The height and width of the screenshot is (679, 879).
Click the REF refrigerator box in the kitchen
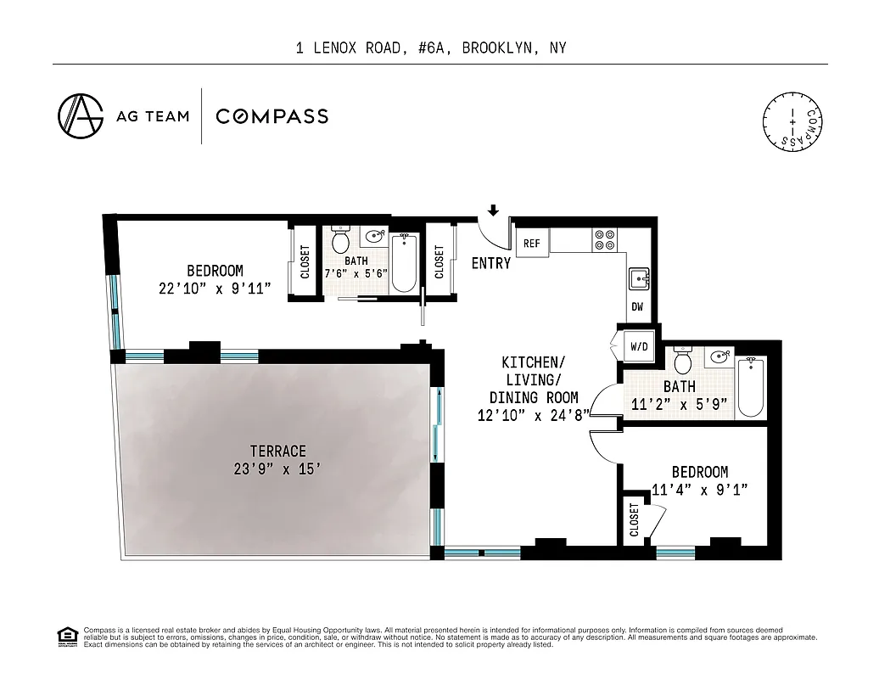[532, 244]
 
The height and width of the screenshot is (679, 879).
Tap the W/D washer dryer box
[638, 346]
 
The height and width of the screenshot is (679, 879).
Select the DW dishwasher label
[637, 307]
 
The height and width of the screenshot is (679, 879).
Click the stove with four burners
[605, 240]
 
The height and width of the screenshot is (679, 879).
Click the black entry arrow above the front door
[493, 210]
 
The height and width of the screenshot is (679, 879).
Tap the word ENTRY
[491, 263]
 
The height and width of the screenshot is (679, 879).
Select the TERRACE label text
[277, 451]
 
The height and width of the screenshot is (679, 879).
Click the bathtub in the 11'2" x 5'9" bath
[750, 387]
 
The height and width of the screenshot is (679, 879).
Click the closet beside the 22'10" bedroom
[305, 261]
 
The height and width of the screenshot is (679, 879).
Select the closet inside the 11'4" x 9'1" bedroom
[635, 519]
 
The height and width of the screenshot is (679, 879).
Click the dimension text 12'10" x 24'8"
[533, 415]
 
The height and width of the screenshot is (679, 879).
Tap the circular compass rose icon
[792, 122]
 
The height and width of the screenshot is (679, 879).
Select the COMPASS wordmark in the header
[272, 116]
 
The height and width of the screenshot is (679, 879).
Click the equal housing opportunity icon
[65, 636]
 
